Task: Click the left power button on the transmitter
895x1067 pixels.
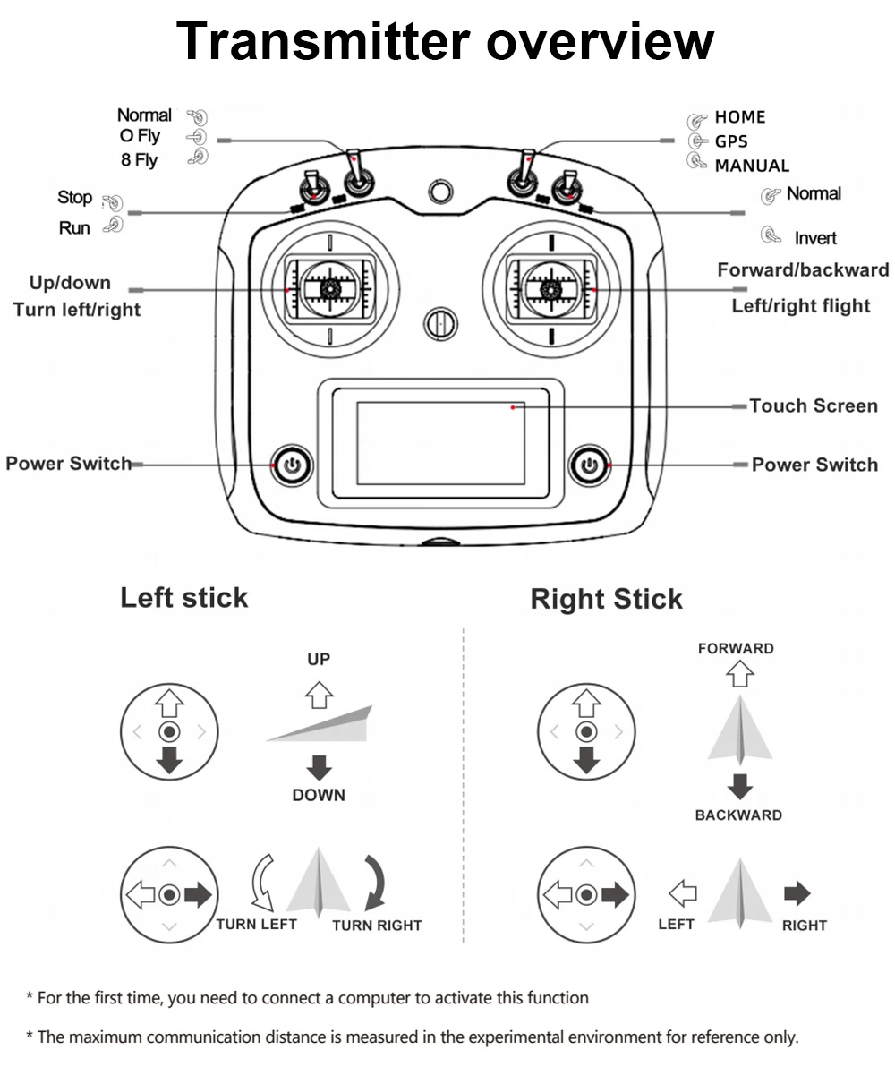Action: point(292,465)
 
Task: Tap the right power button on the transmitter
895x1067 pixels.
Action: point(589,464)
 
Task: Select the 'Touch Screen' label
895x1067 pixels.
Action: point(813,406)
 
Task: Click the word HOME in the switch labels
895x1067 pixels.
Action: point(740,117)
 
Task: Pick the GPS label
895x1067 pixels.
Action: point(731,141)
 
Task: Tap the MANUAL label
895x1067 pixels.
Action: point(752,166)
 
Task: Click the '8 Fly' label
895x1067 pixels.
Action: point(139,160)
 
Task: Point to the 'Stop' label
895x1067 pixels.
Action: point(75,197)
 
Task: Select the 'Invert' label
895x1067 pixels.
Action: point(815,238)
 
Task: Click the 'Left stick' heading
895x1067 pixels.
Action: point(183,598)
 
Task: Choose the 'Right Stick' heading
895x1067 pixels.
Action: point(606,599)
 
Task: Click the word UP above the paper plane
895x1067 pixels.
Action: point(319,659)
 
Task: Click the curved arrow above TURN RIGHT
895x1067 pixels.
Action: point(376,882)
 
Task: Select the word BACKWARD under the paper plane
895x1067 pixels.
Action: point(738,815)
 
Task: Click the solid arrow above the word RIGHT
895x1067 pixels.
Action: point(797,893)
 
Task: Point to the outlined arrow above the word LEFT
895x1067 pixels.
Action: point(683,892)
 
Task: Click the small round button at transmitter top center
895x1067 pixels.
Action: point(439,192)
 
